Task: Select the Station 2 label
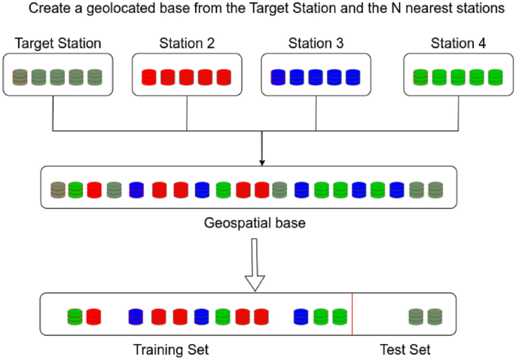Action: (x=187, y=44)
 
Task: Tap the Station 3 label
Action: (x=316, y=44)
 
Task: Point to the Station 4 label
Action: (x=457, y=44)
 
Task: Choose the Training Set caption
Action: (x=171, y=349)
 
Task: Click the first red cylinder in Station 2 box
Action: (x=149, y=76)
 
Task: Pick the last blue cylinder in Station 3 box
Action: (x=351, y=76)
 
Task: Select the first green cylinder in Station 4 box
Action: (x=421, y=76)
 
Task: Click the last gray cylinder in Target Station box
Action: (x=94, y=76)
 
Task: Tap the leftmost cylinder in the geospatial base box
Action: (x=57, y=190)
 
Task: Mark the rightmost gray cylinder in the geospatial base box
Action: (x=435, y=190)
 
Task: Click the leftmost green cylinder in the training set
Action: (x=75, y=316)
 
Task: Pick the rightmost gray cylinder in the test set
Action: (x=434, y=316)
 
